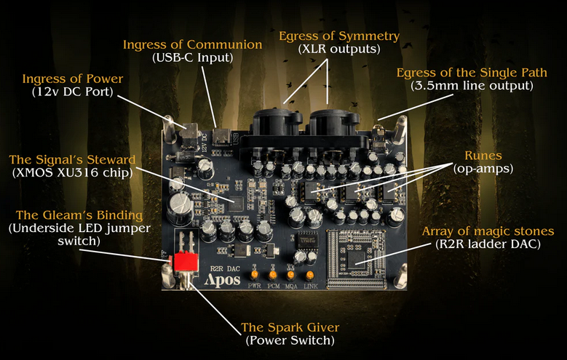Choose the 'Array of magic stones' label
(488, 231)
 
